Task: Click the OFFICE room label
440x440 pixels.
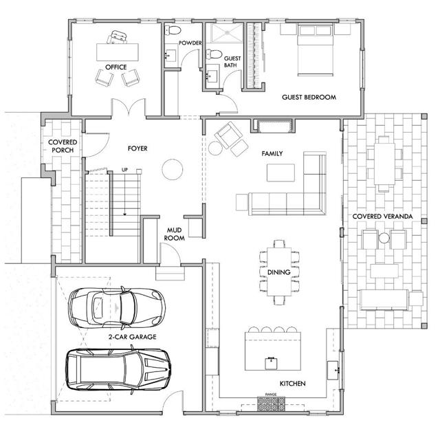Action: click(x=116, y=67)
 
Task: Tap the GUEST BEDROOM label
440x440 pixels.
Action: click(x=309, y=98)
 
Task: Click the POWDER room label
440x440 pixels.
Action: click(x=190, y=43)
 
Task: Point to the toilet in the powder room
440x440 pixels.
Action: click(x=173, y=30)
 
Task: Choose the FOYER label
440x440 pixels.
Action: click(x=137, y=148)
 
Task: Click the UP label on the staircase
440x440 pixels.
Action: click(x=124, y=170)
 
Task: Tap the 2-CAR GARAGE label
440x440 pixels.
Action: click(x=132, y=337)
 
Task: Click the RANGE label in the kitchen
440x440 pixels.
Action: click(x=271, y=395)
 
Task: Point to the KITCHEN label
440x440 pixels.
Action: click(x=292, y=383)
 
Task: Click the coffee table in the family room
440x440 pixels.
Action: click(x=280, y=173)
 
